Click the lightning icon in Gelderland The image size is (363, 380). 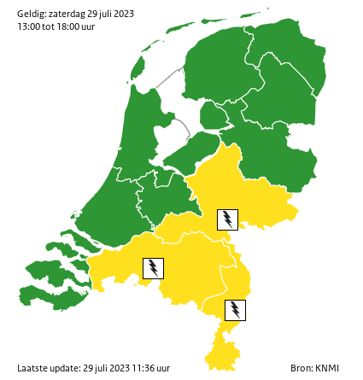click(227, 219)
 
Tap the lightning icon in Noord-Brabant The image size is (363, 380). click(153, 268)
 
